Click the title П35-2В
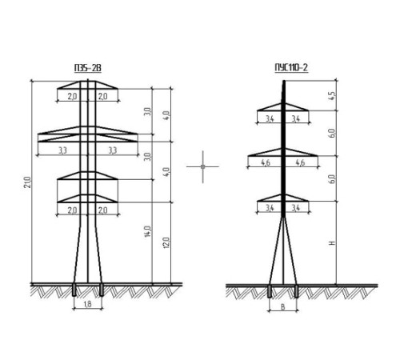[x=88, y=68]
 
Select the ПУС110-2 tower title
[x=291, y=67]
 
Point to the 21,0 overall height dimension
[x=28, y=182]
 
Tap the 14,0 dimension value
[x=148, y=232]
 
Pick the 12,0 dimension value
[x=166, y=242]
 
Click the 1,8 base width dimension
[x=87, y=304]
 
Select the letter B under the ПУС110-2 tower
[x=283, y=307]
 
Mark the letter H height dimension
[x=332, y=243]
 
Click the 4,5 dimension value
[x=332, y=96]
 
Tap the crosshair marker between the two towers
[x=202, y=166]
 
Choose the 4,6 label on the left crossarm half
[x=265, y=162]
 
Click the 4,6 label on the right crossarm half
[x=300, y=162]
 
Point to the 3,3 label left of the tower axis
[x=62, y=150]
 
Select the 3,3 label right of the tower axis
[x=113, y=150]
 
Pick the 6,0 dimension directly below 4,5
[x=332, y=133]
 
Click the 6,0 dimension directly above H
[x=332, y=179]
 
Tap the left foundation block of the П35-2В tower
[x=74, y=290]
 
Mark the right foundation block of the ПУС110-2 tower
[x=296, y=291]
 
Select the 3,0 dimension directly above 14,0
[x=148, y=157]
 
